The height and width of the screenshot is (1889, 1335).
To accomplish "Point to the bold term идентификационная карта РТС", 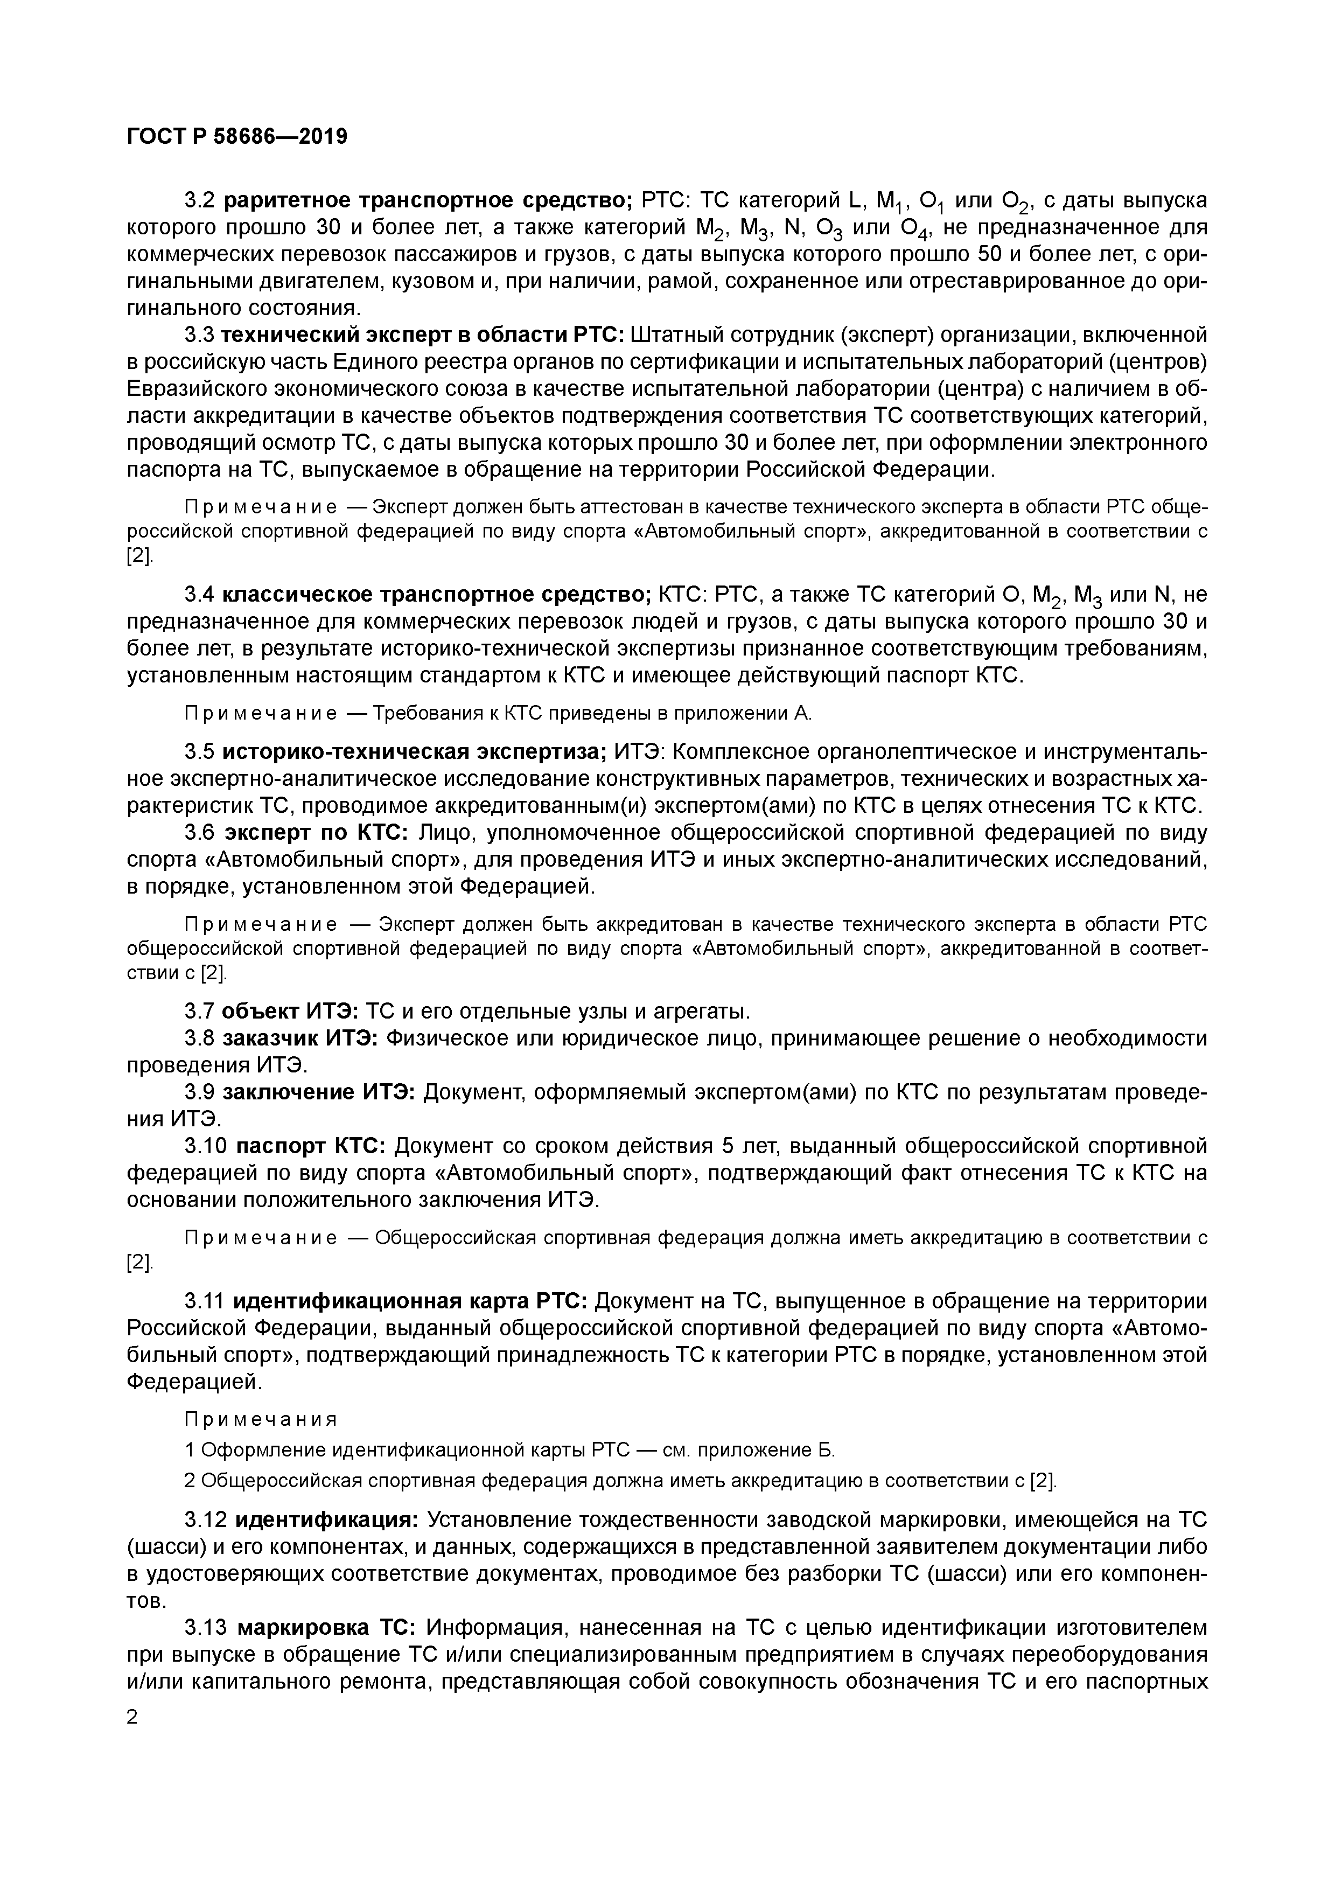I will coord(410,1301).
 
